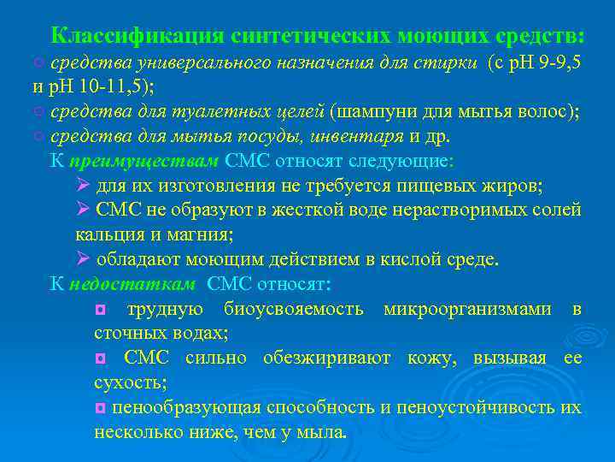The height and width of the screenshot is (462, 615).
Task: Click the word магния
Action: point(200,234)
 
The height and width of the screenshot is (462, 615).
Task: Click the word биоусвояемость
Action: point(293,309)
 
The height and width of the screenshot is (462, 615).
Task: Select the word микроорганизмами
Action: point(467,309)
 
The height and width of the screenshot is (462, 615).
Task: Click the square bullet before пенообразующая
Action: point(100,408)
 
